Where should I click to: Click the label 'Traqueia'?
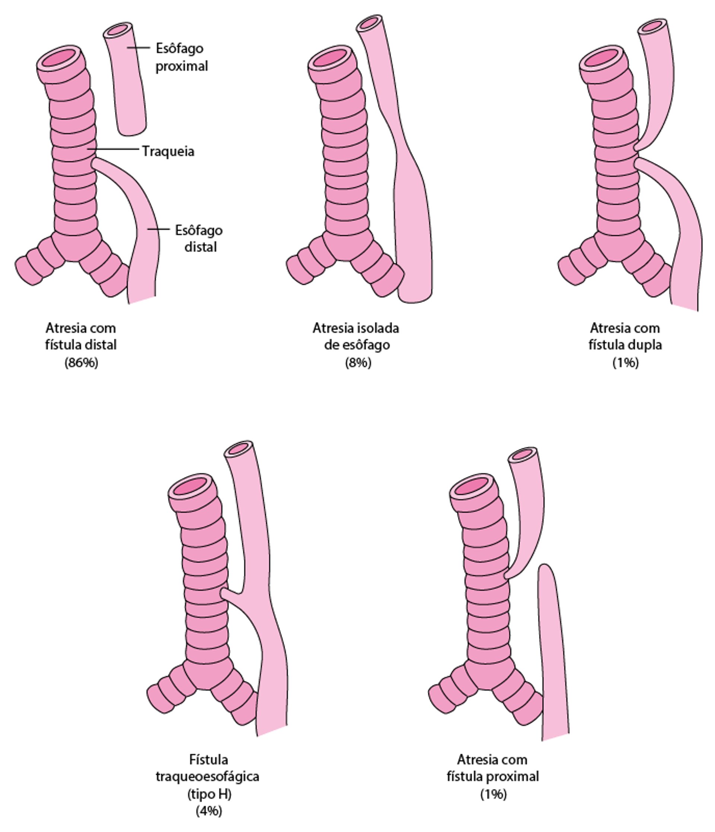coord(168,151)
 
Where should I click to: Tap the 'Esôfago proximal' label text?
coord(181,57)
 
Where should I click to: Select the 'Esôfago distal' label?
coord(198,239)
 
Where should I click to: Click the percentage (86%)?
coord(82,363)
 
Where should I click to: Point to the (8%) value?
coord(358,363)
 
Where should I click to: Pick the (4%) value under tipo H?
coord(209,811)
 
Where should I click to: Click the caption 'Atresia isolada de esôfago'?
coord(356,337)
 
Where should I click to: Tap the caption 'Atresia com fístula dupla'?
coord(625,337)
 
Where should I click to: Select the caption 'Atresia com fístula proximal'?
coord(492,768)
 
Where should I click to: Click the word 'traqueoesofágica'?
coord(207,776)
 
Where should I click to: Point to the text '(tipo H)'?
coord(209,794)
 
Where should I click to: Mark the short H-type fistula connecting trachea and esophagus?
coord(231,594)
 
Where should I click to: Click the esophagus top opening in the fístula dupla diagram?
coord(652,26)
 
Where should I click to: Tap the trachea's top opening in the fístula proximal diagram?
coord(474,487)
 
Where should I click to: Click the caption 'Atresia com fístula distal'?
coord(81,337)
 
